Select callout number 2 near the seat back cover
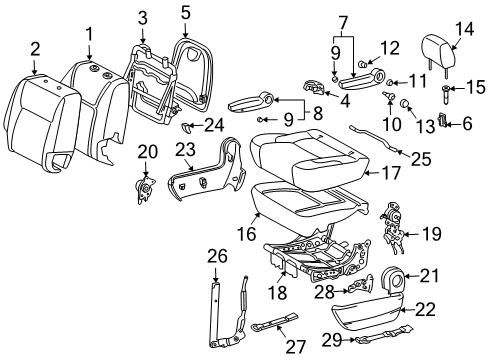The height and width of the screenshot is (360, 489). click(x=35, y=48)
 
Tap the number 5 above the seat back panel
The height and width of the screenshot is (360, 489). click(x=184, y=13)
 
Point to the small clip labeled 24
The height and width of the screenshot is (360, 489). click(x=189, y=127)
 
